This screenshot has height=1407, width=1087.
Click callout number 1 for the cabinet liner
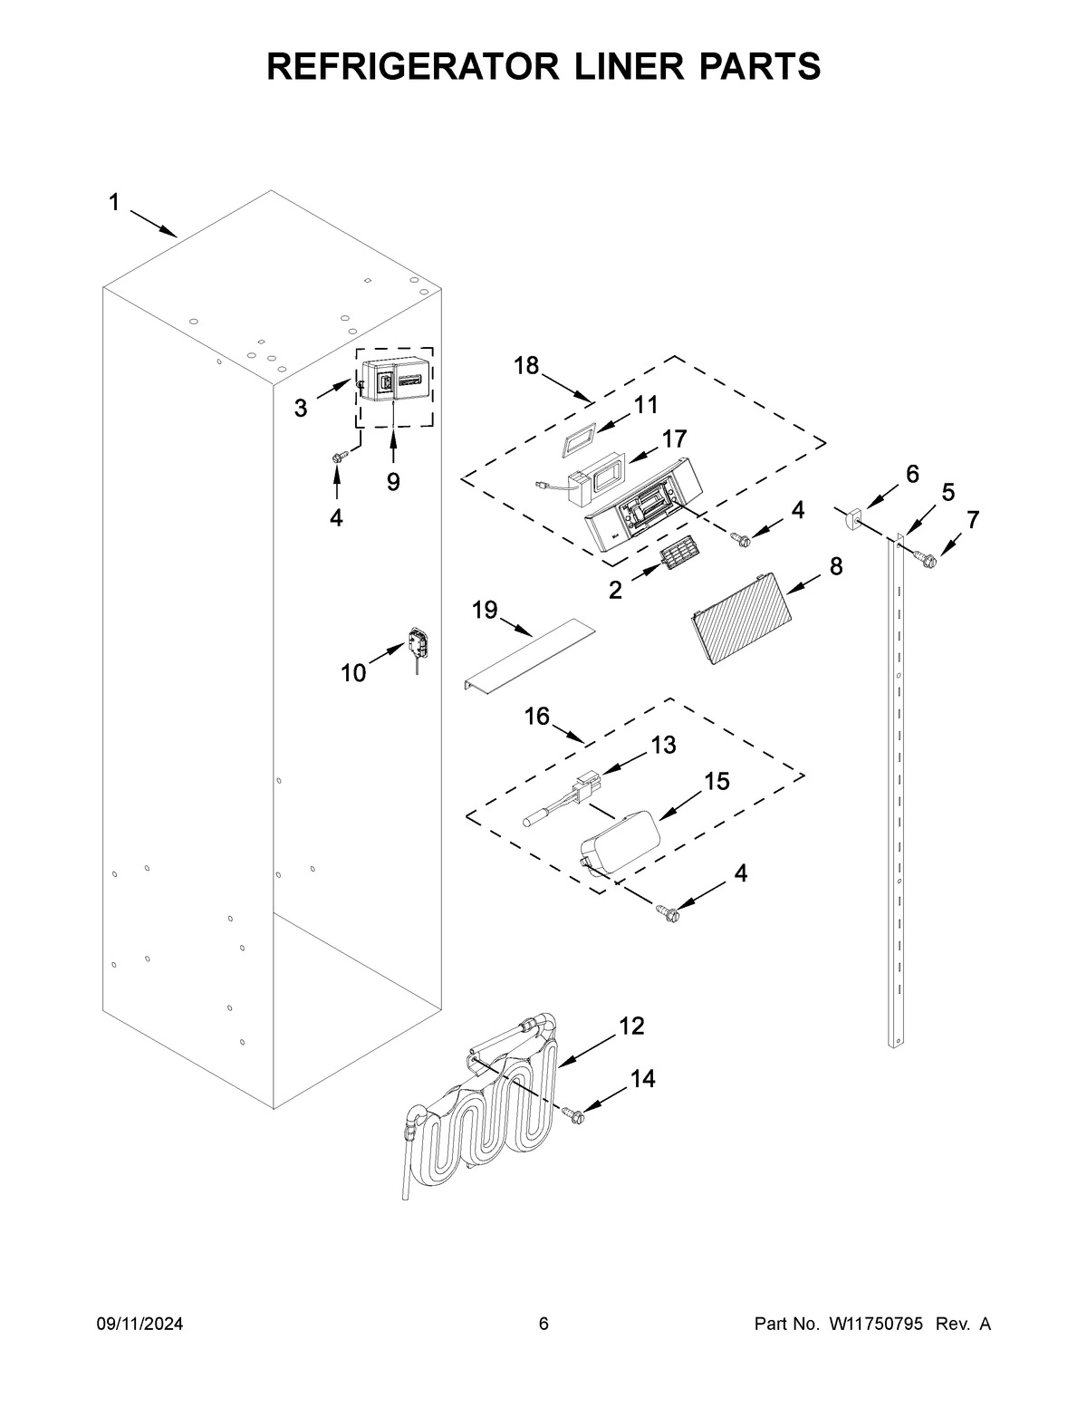click(x=114, y=203)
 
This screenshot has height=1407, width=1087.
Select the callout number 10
click(x=352, y=672)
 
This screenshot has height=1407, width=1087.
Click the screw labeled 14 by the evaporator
click(x=572, y=1115)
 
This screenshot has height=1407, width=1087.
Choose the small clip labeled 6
click(x=853, y=519)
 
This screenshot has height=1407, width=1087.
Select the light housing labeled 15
click(x=618, y=841)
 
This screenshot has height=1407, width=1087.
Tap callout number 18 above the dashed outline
click(x=526, y=366)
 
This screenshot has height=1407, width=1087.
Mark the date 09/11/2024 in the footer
click(x=139, y=1325)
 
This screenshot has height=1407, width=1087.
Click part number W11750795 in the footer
click(x=875, y=1325)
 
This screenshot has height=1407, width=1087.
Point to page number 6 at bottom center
click(x=543, y=1325)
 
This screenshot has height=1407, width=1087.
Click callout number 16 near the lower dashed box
click(x=536, y=717)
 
